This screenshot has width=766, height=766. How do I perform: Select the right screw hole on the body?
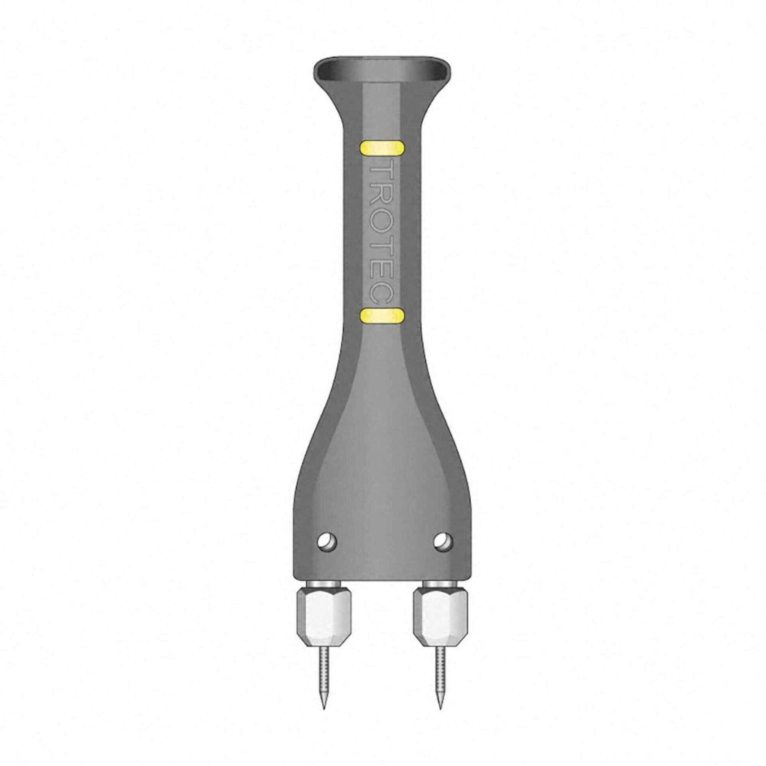click(x=443, y=542)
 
